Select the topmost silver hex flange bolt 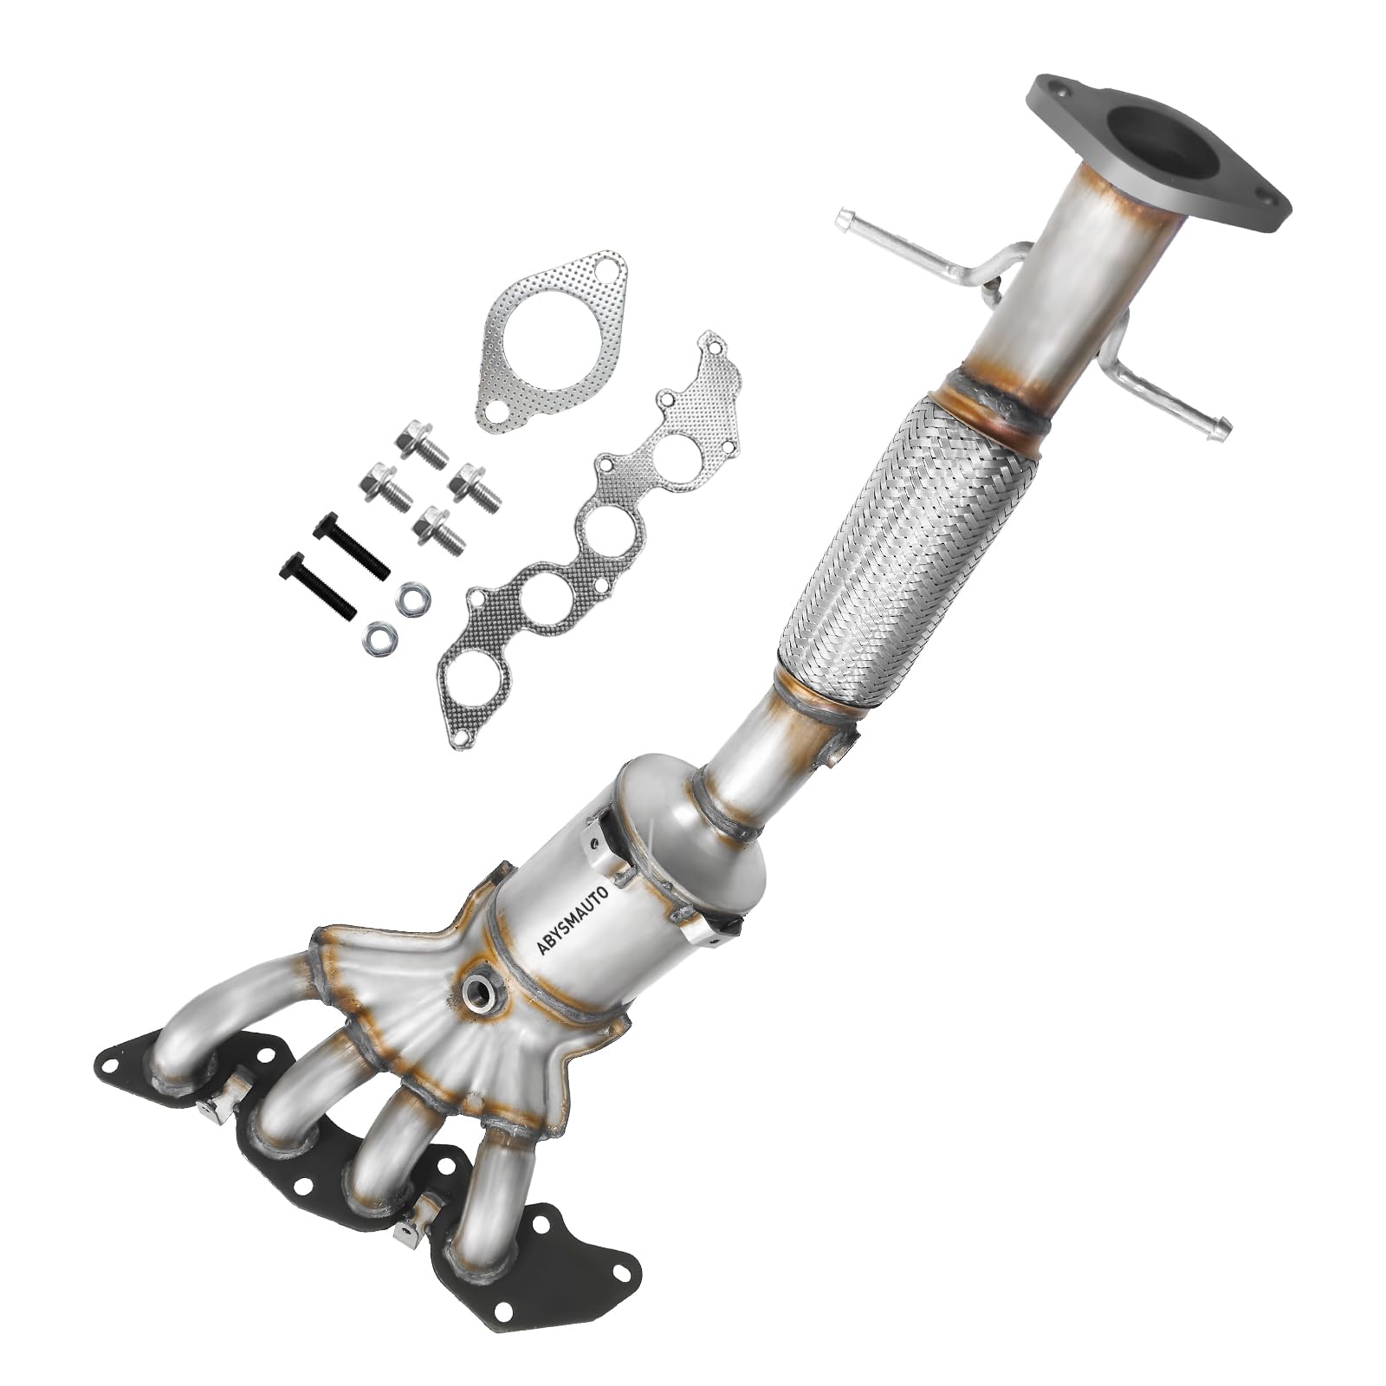pyautogui.click(x=420, y=444)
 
